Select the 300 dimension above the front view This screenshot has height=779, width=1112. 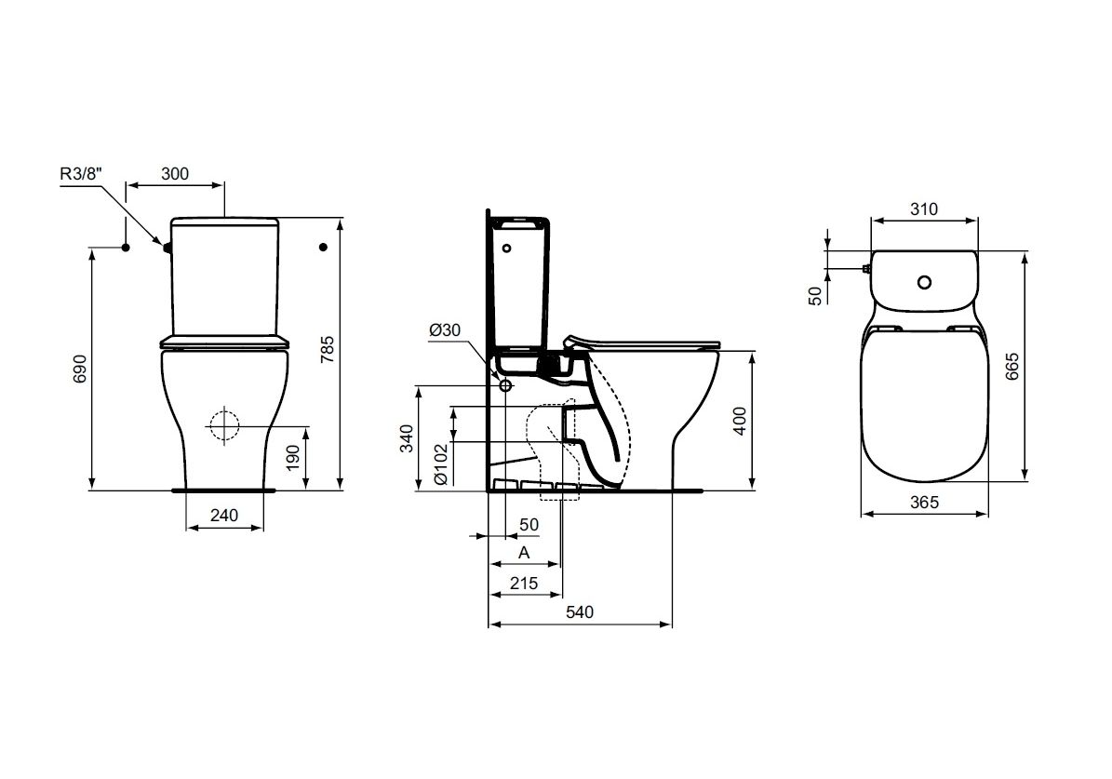pos(175,173)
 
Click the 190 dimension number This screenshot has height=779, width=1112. pos(292,457)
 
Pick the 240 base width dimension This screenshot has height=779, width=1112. pos(224,515)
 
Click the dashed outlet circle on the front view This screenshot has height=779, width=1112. pos(224,425)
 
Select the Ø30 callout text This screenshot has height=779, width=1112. pos(445,330)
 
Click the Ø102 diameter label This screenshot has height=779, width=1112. pos(441,463)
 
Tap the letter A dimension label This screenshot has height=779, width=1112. pos(524,552)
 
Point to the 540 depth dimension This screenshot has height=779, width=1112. pos(579,611)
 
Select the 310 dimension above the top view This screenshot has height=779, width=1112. pos(923,209)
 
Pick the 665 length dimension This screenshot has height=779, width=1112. pos(1012,369)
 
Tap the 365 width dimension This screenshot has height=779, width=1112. pos(923,501)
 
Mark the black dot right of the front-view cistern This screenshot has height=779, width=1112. pos(323,247)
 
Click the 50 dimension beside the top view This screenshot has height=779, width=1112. pos(815,295)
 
